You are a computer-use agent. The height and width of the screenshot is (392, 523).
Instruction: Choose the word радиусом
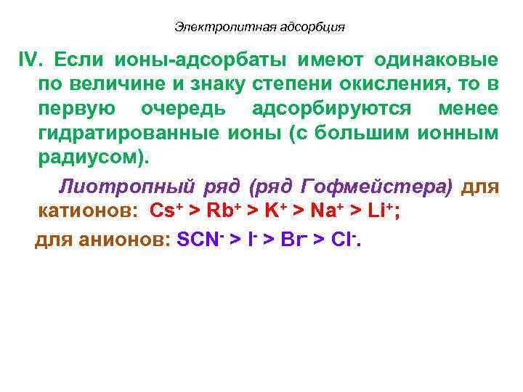tap(92, 158)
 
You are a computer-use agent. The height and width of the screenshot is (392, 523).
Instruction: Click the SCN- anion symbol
tap(198, 240)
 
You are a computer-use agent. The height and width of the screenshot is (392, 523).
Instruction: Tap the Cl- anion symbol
tap(343, 240)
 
